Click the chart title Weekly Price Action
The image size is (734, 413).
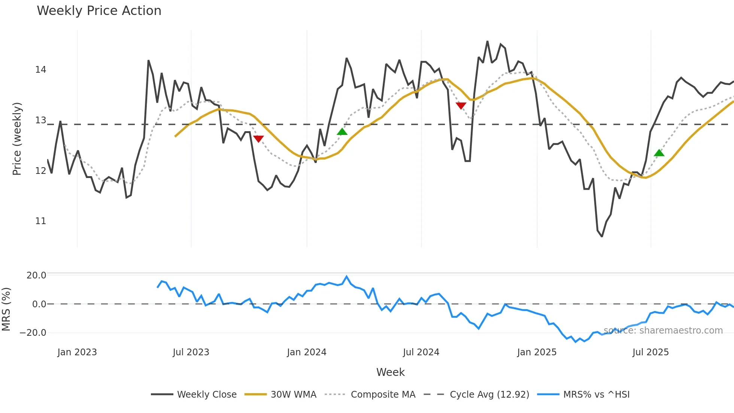coord(99,11)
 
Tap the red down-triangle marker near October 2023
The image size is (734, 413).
coord(258,139)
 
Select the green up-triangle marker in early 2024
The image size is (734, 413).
coord(342,132)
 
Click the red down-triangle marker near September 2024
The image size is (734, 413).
coord(461,106)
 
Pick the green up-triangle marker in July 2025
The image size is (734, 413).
coord(659,153)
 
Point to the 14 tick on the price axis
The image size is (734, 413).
coord(40,70)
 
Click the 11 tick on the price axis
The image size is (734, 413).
coord(40,221)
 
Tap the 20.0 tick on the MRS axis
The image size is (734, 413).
coord(36,275)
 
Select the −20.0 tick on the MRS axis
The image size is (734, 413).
coord(33,333)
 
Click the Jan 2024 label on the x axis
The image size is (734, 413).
coord(307,352)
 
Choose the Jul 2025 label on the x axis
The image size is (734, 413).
coord(650,352)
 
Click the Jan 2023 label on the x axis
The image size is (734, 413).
coord(77,352)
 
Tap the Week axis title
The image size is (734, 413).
coord(390,372)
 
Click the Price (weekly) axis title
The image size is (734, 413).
coord(17,139)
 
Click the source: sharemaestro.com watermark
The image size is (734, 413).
coord(663,331)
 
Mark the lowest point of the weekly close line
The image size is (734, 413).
coord(602,236)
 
